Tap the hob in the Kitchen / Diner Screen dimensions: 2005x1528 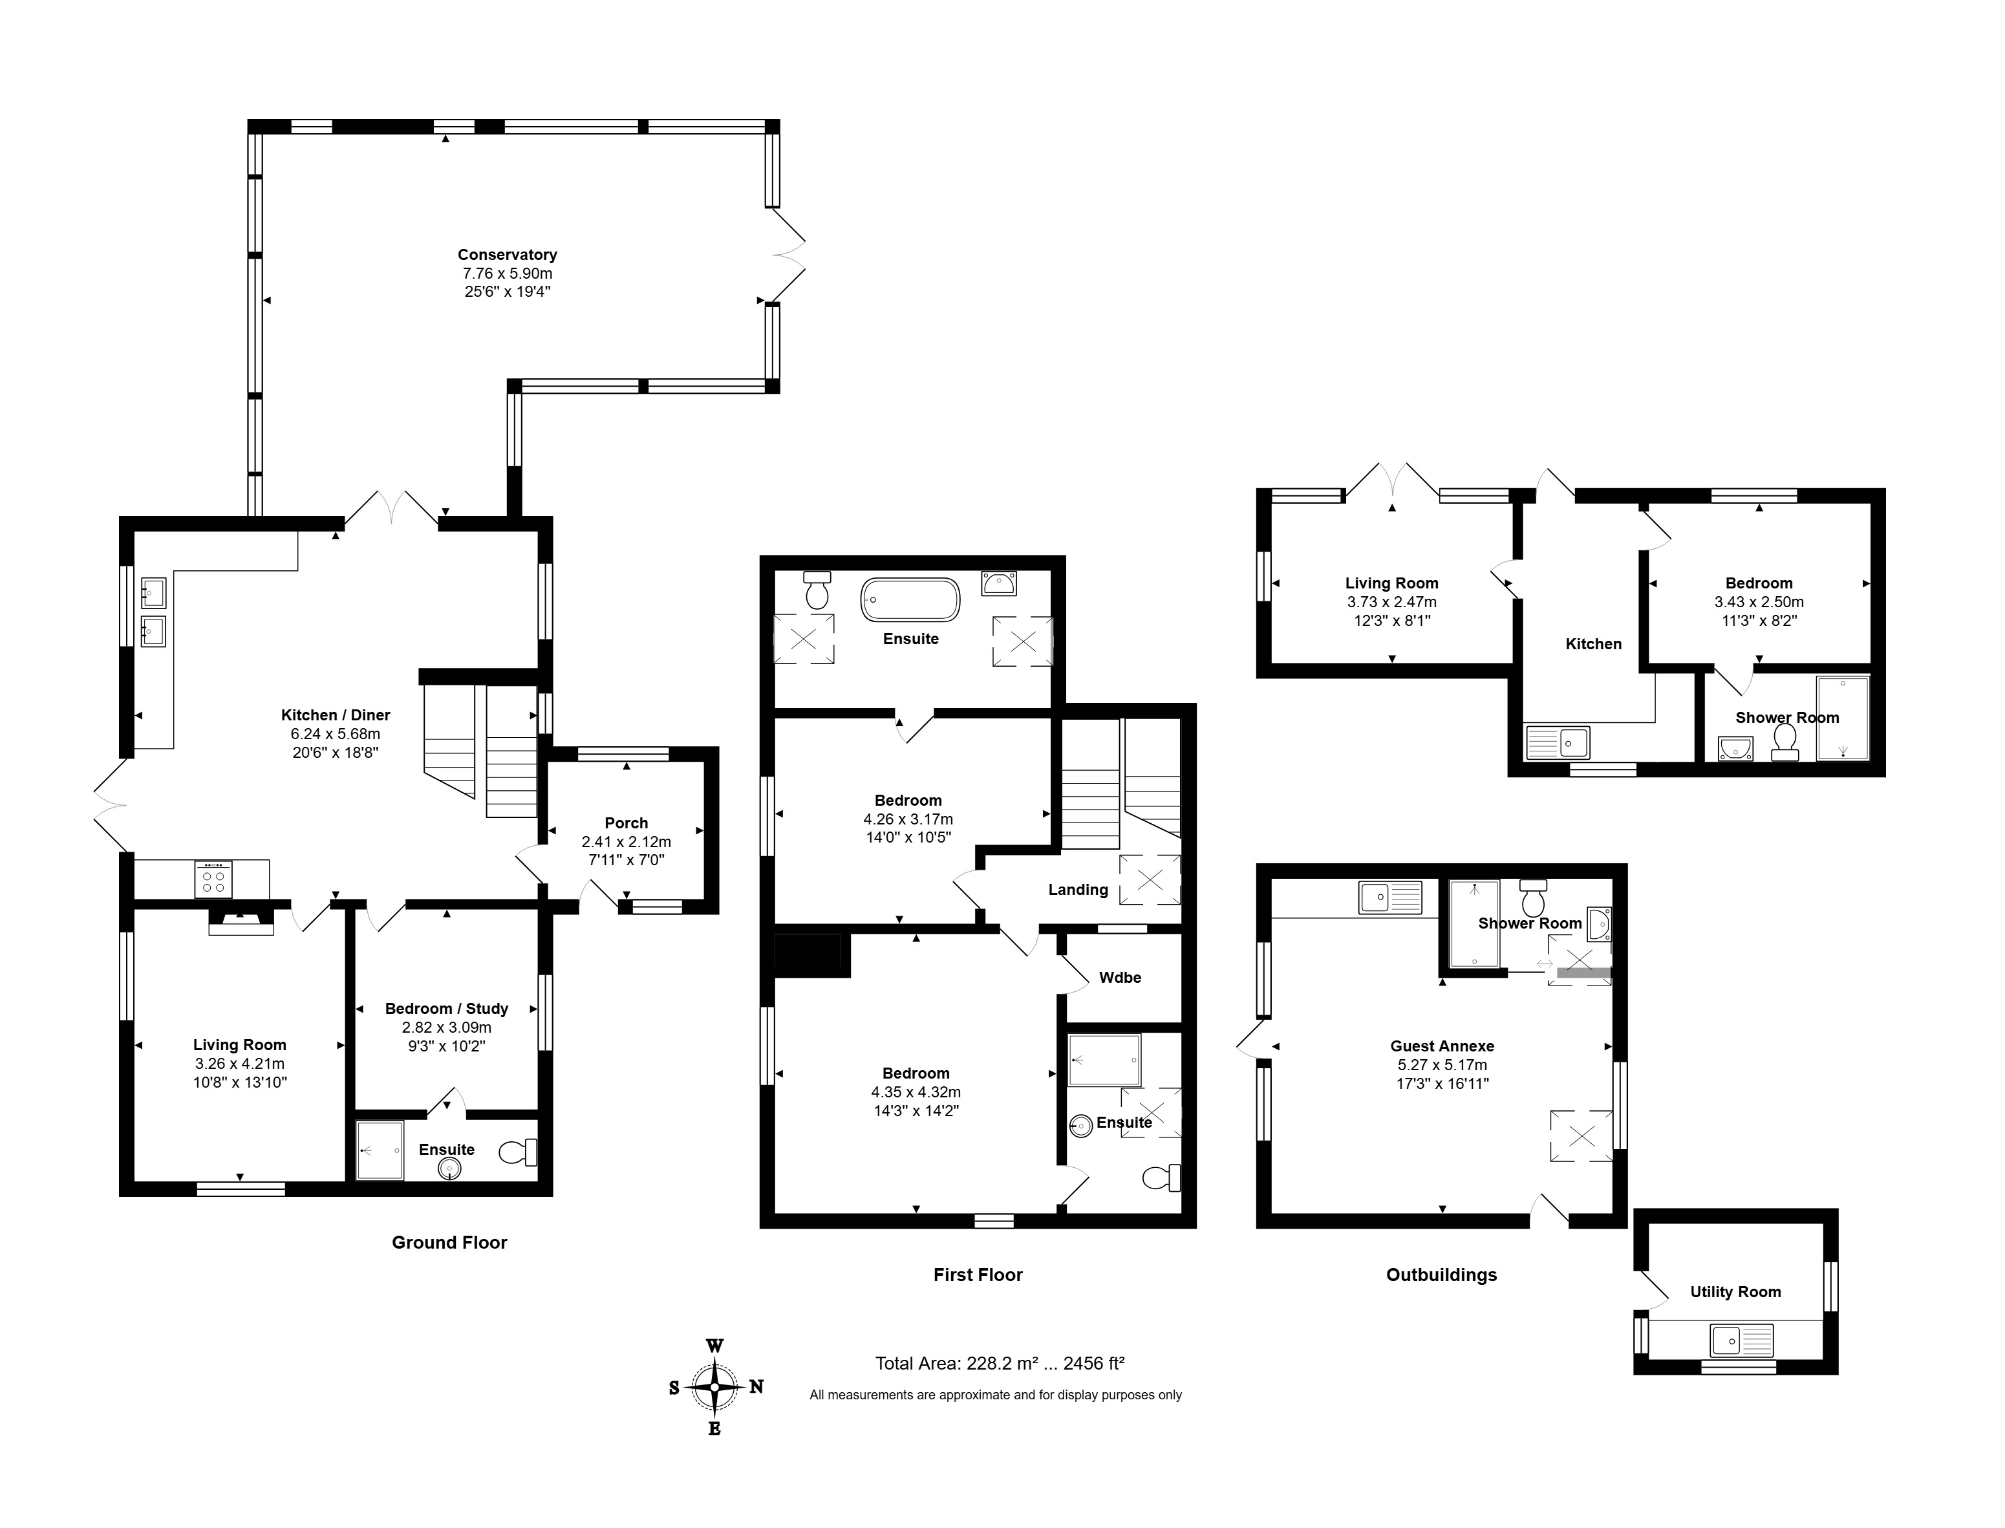pyautogui.click(x=213, y=879)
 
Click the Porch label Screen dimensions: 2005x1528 pyautogui.click(x=626, y=823)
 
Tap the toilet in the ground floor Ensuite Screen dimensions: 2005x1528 pyautogui.click(x=519, y=1152)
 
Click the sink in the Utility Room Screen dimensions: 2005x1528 pyautogui.click(x=1741, y=1340)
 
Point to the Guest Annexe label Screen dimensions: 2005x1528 pyautogui.click(x=1442, y=1047)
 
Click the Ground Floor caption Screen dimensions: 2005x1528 pyautogui.click(x=449, y=1242)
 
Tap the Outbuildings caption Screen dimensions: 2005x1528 pyautogui.click(x=1441, y=1275)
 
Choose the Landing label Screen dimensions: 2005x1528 pyautogui.click(x=1078, y=890)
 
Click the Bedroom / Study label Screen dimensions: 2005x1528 pyautogui.click(x=447, y=1009)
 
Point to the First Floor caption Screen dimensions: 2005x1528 pyautogui.click(x=978, y=1275)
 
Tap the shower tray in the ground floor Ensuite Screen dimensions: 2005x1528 pyautogui.click(x=379, y=1150)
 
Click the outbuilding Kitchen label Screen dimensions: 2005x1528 pyautogui.click(x=1593, y=644)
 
